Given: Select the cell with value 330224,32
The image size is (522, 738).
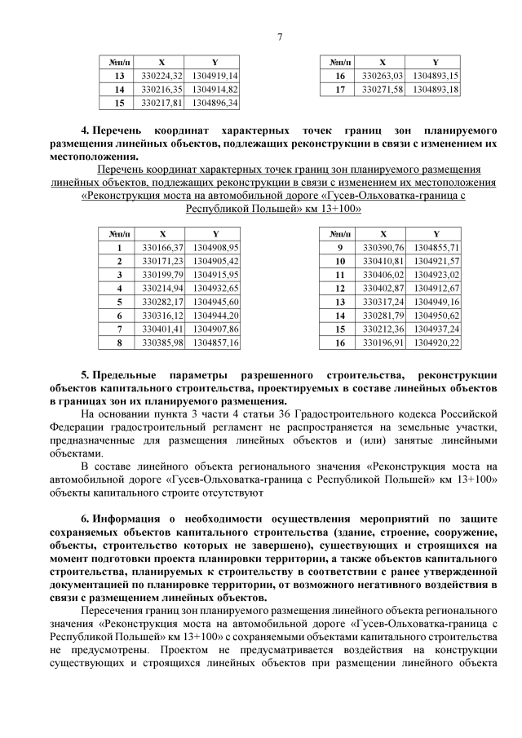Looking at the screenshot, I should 161,75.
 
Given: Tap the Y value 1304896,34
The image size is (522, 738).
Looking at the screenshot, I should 215,103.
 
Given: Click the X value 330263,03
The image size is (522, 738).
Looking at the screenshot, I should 383,75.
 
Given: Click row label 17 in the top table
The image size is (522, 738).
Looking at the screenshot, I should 340,89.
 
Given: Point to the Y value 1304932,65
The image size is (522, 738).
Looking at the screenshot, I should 215,288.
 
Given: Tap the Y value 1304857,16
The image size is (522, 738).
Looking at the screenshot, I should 215,342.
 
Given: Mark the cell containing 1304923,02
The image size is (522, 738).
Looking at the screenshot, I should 436,274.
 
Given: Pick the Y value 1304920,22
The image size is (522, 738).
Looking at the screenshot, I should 436,342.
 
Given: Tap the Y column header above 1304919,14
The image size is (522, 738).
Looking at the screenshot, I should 215,61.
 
